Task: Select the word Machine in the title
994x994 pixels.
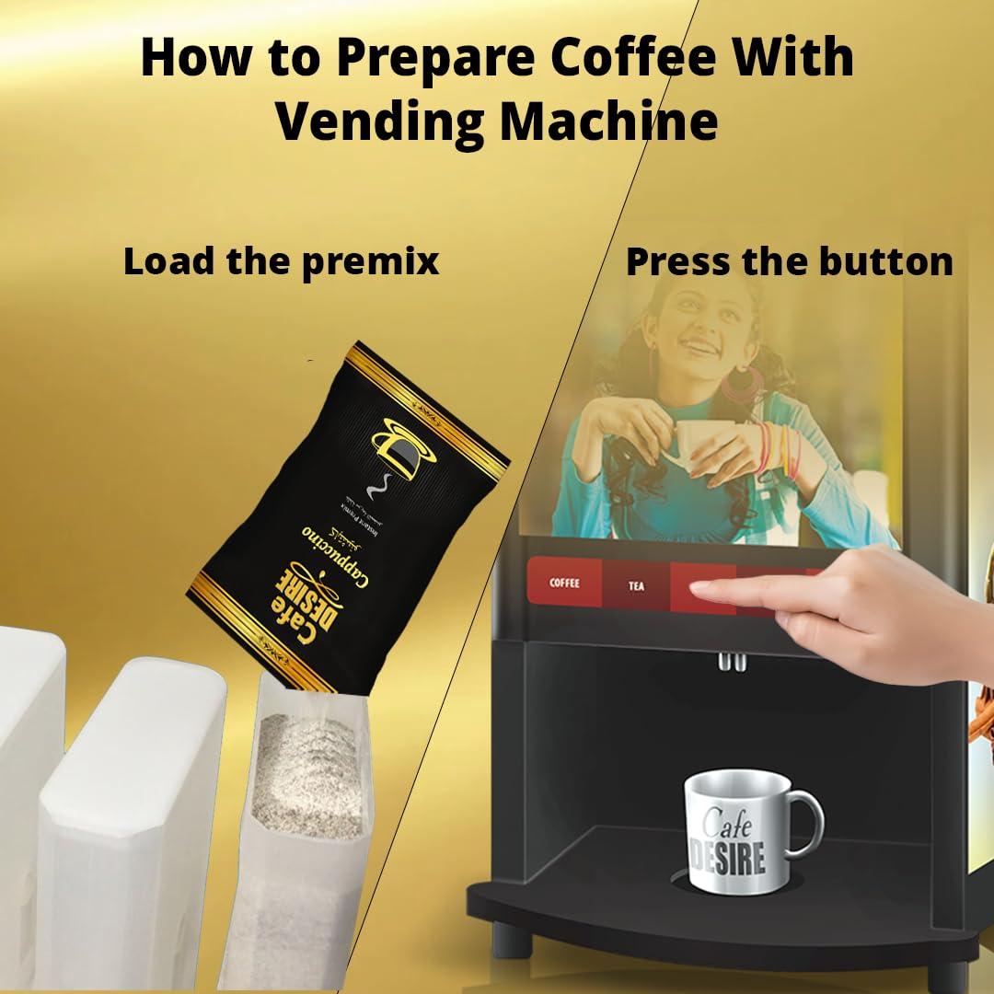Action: click(x=608, y=121)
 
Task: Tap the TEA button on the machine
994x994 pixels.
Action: click(x=636, y=585)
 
